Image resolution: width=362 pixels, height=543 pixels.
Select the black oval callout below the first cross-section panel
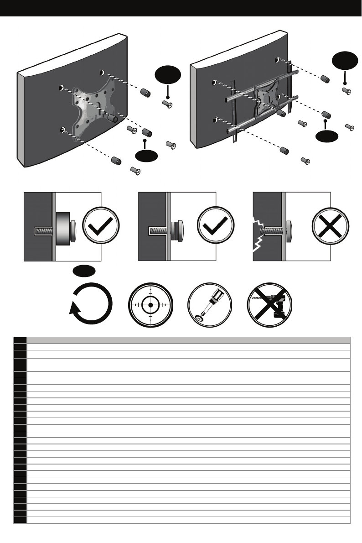coord(84,271)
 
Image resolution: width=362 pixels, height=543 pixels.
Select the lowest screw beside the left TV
coord(135,171)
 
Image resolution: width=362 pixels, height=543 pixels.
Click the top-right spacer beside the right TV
coord(325,78)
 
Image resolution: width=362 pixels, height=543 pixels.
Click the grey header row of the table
coord(188,340)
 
